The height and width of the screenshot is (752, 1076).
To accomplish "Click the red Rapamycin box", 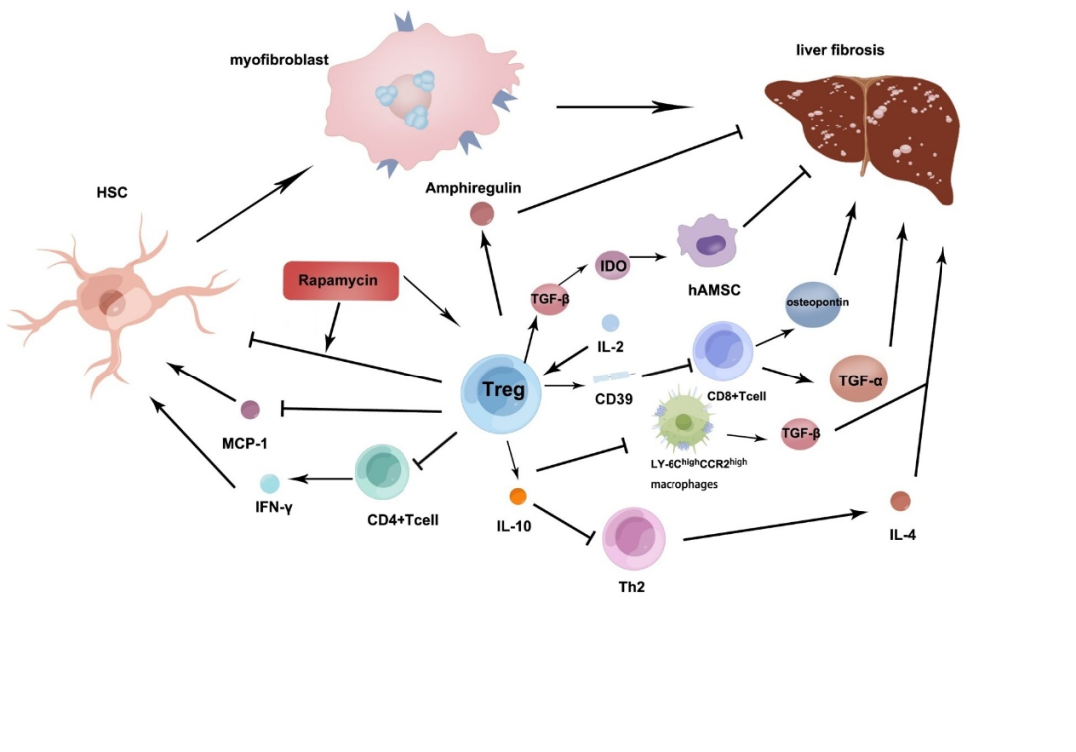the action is click(x=341, y=281).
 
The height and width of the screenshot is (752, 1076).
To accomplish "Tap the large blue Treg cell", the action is click(x=501, y=393).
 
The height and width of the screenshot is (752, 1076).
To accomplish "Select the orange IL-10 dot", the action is click(x=518, y=496).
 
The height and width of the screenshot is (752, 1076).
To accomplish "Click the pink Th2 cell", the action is click(x=634, y=539).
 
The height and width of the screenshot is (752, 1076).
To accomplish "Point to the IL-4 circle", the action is click(x=900, y=501).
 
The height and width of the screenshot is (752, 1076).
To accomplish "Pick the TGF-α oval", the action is click(x=859, y=378).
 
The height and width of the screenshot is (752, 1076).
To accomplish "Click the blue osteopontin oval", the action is click(x=813, y=303).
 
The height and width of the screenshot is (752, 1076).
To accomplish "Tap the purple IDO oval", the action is click(x=613, y=265).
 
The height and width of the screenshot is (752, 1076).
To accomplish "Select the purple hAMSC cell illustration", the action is click(x=707, y=241).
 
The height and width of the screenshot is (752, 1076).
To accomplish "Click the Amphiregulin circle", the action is click(x=482, y=214).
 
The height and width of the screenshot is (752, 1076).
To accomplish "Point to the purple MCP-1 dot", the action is click(x=250, y=409).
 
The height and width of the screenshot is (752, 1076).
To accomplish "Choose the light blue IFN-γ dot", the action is click(x=270, y=484).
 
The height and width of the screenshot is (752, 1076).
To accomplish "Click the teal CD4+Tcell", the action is click(x=383, y=472).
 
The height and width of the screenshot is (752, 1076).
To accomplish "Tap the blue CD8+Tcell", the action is click(x=723, y=351).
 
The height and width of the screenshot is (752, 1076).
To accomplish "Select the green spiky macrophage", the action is click(x=684, y=420).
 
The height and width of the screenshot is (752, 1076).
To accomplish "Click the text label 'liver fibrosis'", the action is click(x=840, y=50).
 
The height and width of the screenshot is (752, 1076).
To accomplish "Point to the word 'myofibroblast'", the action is click(x=279, y=60).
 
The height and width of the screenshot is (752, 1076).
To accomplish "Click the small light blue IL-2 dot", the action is click(x=610, y=322).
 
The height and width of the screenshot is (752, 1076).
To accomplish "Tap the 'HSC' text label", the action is click(x=112, y=193).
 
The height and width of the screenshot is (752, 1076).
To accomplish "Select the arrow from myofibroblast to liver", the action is click(x=625, y=107).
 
